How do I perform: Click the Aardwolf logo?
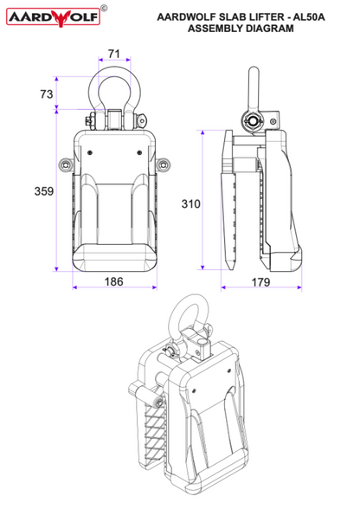click(x=54, y=17)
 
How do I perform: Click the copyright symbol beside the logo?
click(x=104, y=8)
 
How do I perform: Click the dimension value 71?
click(x=114, y=54)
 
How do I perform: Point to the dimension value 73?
click(x=47, y=94)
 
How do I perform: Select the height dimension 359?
click(x=44, y=191)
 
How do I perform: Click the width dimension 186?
click(x=113, y=281)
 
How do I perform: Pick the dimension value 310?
click(x=190, y=203)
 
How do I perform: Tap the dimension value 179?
click(x=260, y=282)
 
